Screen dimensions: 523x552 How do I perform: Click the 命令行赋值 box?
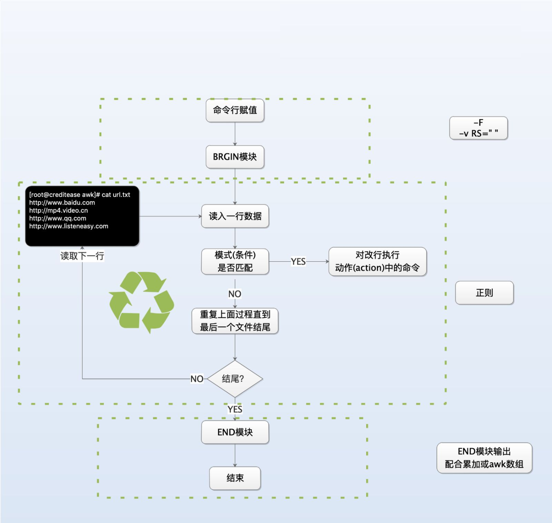[235, 110]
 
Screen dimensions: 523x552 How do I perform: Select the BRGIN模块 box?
[235, 157]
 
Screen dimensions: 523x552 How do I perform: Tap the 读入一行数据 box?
[235, 216]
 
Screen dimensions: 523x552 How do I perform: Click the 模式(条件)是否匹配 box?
[235, 261]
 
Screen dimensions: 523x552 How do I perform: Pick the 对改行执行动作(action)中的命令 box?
[377, 261]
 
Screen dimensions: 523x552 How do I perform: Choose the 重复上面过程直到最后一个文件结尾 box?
[235, 321]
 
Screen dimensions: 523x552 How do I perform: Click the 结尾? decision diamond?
[235, 379]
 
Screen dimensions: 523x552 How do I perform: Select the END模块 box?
[235, 432]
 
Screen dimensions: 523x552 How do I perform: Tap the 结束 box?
[235, 478]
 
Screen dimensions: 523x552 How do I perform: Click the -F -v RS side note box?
[478, 128]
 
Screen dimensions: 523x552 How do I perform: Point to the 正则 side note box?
[484, 293]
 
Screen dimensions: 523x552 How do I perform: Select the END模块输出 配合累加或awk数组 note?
[484, 458]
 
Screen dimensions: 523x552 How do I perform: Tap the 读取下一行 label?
[82, 256]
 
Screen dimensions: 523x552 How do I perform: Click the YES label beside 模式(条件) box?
[298, 261]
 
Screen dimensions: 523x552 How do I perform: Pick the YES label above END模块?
[235, 409]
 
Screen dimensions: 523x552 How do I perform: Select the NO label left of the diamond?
[197, 379]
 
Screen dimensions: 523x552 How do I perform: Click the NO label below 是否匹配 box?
[235, 294]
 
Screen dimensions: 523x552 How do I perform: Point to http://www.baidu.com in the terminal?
[62, 202]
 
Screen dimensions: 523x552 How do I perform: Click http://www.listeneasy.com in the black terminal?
[69, 226]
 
